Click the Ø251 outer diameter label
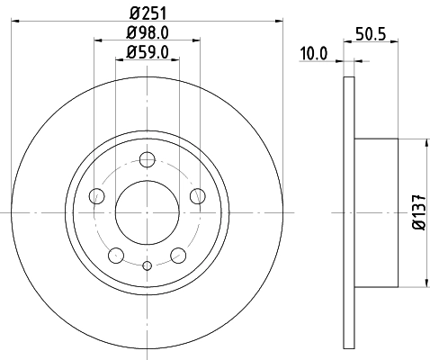pyautogui.click(x=148, y=13)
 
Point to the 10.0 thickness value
pyautogui.click(x=313, y=54)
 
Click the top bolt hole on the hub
pyautogui.click(x=148, y=160)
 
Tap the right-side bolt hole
pyautogui.click(x=198, y=196)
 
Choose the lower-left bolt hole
pyautogui.click(x=116, y=256)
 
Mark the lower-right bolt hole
pyautogui.click(x=178, y=256)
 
